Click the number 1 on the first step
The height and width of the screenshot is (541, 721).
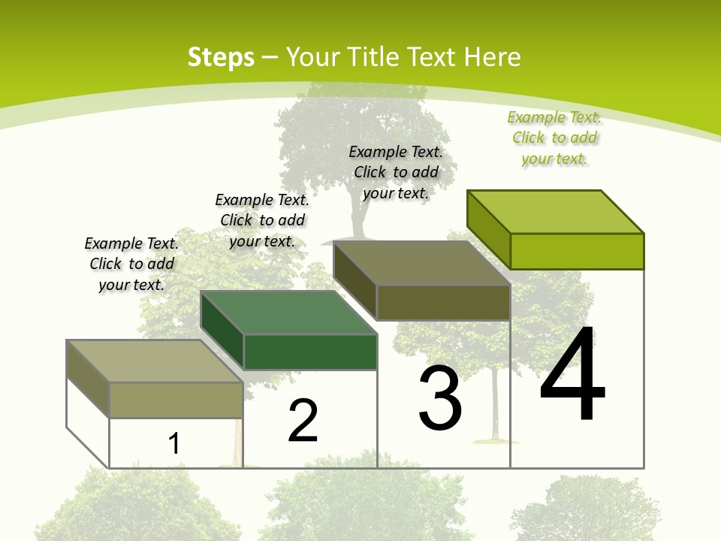[174, 443]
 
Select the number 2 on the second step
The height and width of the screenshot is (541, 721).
[303, 420]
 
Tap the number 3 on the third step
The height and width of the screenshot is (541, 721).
[440, 398]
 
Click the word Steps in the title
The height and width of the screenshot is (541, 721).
[221, 57]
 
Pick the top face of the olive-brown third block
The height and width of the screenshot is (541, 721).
[422, 263]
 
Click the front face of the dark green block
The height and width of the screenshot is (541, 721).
[310, 352]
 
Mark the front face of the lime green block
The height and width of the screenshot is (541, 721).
[577, 251]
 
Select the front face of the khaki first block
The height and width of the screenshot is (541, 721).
[176, 400]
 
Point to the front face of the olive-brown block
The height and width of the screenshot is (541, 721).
[443, 302]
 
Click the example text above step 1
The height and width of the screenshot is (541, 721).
[131, 264]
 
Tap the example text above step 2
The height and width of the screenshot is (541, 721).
[262, 220]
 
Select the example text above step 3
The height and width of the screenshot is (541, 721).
[396, 172]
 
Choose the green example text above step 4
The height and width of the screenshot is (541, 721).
[554, 138]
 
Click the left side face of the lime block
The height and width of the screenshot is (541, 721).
[488, 229]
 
